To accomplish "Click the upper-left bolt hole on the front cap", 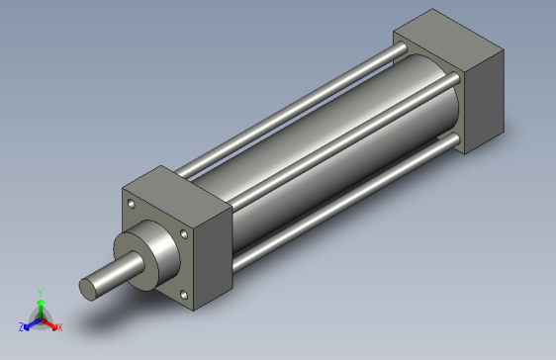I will (x=132, y=205).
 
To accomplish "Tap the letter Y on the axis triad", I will (x=40, y=292).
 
